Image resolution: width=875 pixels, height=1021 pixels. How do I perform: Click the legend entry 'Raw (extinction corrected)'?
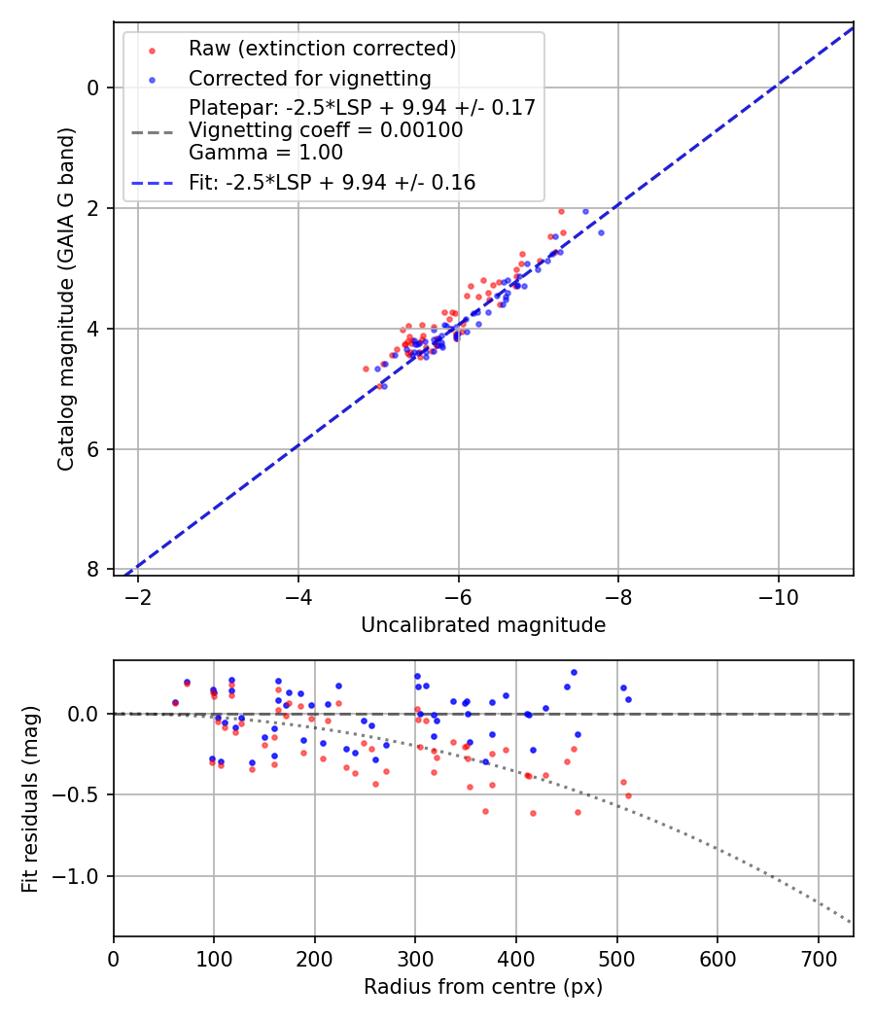pos(322,49)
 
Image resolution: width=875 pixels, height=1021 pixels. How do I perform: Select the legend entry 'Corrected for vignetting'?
pos(309,78)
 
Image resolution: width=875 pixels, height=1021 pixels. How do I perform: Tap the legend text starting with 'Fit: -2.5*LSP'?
pos(332,182)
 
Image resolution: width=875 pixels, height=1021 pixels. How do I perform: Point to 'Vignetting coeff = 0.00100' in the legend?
pos(326,129)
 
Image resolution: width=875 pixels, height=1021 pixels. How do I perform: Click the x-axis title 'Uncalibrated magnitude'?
pos(483,625)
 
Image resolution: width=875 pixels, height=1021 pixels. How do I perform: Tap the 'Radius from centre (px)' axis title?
pos(483,987)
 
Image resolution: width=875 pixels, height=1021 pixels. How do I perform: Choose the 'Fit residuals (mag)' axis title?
pos(30,799)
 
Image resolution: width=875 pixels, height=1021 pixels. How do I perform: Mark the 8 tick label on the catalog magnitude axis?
pos(93,569)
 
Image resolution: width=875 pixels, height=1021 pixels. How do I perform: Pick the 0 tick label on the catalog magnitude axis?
pos(93,88)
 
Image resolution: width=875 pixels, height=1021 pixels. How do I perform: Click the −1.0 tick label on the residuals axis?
pos(82,876)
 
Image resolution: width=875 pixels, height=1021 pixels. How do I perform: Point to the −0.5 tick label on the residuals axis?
pos(82,794)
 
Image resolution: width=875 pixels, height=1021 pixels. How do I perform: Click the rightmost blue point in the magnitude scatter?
pos(601,232)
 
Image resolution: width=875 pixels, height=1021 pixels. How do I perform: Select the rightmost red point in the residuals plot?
pos(628,795)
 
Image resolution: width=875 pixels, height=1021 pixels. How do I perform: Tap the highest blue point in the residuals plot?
pos(574,672)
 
